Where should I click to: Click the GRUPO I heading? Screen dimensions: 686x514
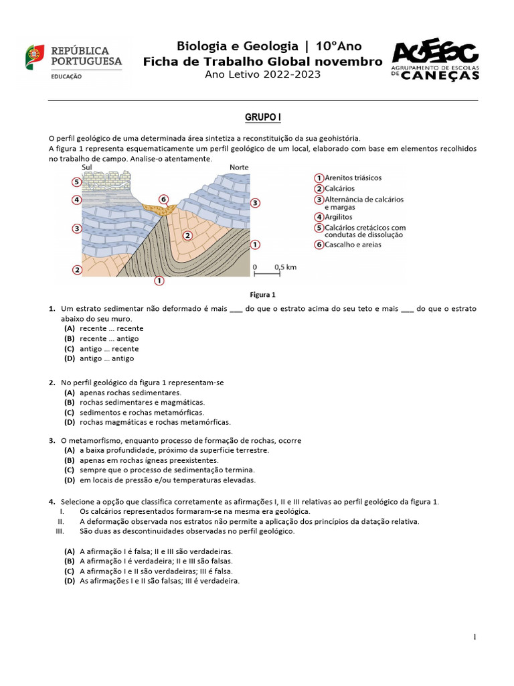(x=262, y=117)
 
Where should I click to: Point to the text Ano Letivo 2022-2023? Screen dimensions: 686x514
(x=262, y=74)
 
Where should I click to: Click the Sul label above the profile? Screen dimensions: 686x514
(x=86, y=167)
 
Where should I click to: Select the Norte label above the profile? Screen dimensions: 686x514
(x=239, y=167)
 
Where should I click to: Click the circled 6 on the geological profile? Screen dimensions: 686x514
(x=163, y=199)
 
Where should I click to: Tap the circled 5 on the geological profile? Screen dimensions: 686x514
(x=77, y=182)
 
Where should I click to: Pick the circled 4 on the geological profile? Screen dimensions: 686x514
(x=77, y=200)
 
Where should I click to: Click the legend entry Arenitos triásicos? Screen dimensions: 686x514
(x=353, y=178)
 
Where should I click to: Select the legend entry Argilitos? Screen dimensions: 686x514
(x=341, y=217)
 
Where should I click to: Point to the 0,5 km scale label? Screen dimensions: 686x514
(x=285, y=267)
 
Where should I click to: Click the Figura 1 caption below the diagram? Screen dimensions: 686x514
(x=262, y=294)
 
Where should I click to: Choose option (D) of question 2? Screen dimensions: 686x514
(x=154, y=422)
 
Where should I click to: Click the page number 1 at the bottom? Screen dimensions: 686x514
(x=475, y=637)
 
